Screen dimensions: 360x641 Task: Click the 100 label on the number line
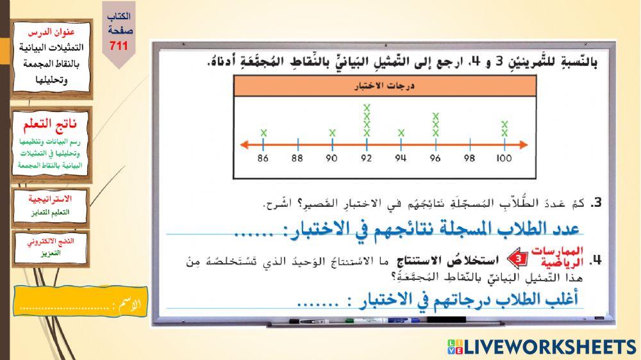tap(504, 158)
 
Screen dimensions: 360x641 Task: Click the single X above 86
tap(263, 133)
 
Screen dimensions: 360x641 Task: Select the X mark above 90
tap(332, 133)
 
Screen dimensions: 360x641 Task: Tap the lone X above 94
tap(401, 133)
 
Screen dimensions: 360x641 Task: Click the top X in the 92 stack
tap(367, 108)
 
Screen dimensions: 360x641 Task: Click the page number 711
tap(119, 45)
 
